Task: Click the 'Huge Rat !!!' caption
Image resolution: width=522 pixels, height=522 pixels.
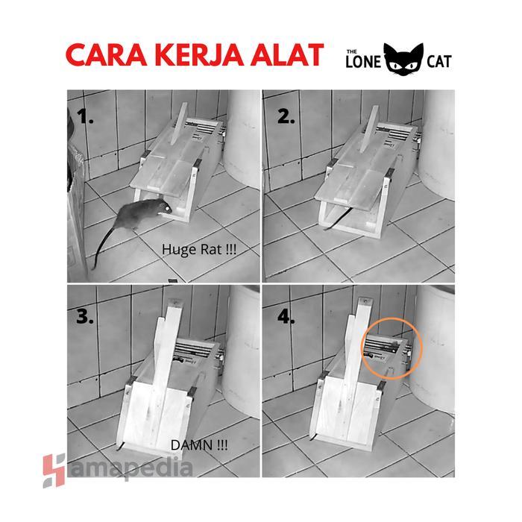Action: point(199,251)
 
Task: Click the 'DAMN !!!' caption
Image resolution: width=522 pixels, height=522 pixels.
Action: point(199,445)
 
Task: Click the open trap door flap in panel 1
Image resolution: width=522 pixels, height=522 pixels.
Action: point(164,175)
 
